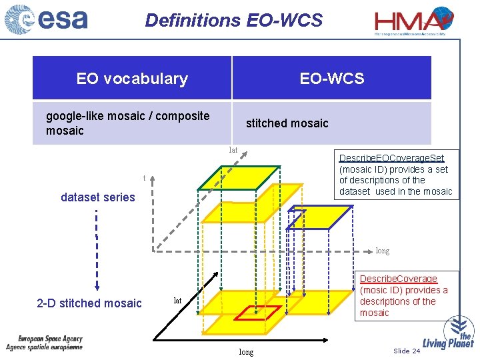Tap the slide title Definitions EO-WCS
[x=233, y=20]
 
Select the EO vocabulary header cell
[x=132, y=79]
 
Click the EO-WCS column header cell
[x=331, y=79]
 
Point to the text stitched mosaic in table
[x=287, y=123]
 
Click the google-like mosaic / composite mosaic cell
[x=127, y=123]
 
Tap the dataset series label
[x=97, y=197]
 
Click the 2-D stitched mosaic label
[x=89, y=303]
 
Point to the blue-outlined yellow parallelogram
[x=320, y=217]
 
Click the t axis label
[x=144, y=178]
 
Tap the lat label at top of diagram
[x=233, y=151]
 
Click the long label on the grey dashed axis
[x=383, y=251]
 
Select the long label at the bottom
[x=246, y=352]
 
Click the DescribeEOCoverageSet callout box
[x=396, y=175]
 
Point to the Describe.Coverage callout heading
[x=399, y=279]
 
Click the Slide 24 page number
[x=407, y=351]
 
